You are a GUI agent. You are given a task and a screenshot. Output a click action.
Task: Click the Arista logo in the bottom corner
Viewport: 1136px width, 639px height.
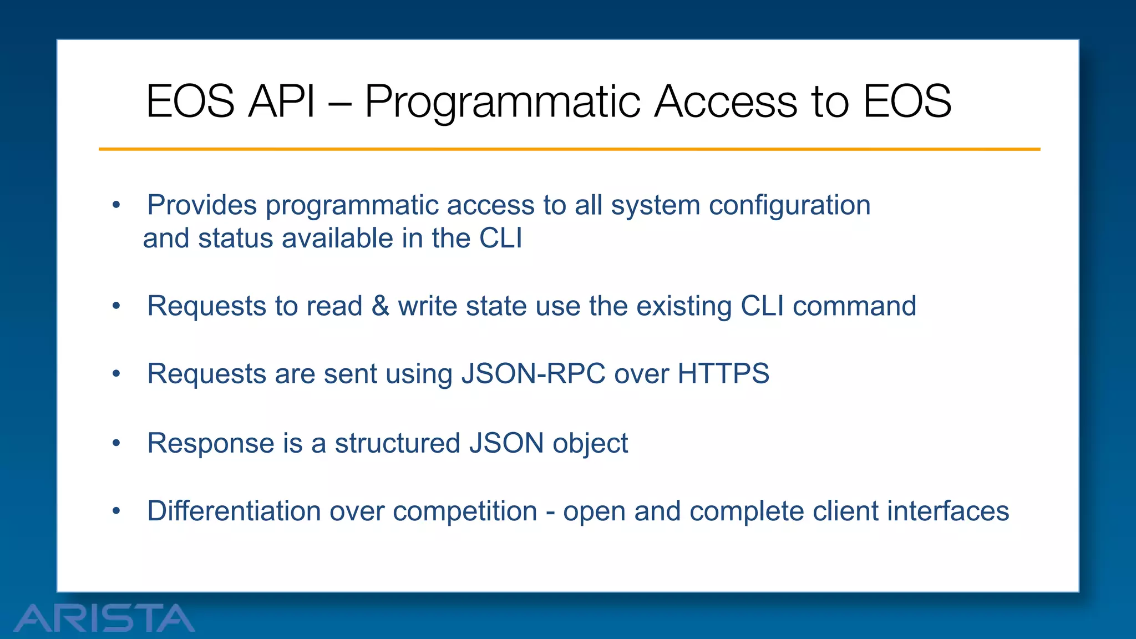(x=104, y=618)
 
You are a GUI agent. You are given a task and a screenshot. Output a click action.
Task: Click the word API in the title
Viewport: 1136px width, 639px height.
(x=281, y=102)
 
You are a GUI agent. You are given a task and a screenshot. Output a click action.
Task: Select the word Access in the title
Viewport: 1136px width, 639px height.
(x=726, y=102)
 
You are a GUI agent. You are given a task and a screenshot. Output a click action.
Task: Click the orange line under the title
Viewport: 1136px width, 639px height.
(x=569, y=149)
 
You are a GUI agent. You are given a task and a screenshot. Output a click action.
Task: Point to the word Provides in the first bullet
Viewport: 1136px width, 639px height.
(x=202, y=205)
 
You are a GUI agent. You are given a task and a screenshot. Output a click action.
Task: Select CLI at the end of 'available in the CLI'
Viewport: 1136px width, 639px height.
(x=500, y=239)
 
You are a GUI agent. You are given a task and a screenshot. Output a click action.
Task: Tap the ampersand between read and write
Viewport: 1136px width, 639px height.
(x=380, y=306)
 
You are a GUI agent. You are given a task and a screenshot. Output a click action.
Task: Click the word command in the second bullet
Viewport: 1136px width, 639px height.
(x=854, y=306)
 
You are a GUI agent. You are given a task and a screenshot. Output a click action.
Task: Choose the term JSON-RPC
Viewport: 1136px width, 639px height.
(x=533, y=374)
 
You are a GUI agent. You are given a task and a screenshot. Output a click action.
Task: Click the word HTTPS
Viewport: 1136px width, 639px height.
(x=723, y=373)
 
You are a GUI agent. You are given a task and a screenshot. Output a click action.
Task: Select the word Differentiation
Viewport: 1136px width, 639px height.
(x=234, y=511)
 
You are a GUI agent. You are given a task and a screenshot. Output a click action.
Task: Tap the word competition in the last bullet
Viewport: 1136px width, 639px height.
(x=465, y=511)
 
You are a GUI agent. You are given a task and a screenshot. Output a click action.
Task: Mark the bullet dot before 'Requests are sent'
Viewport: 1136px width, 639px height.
(x=116, y=374)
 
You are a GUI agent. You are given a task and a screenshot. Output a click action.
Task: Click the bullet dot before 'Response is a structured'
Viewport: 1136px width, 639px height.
(x=116, y=443)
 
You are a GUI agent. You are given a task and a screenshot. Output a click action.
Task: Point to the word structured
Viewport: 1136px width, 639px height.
(x=397, y=444)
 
